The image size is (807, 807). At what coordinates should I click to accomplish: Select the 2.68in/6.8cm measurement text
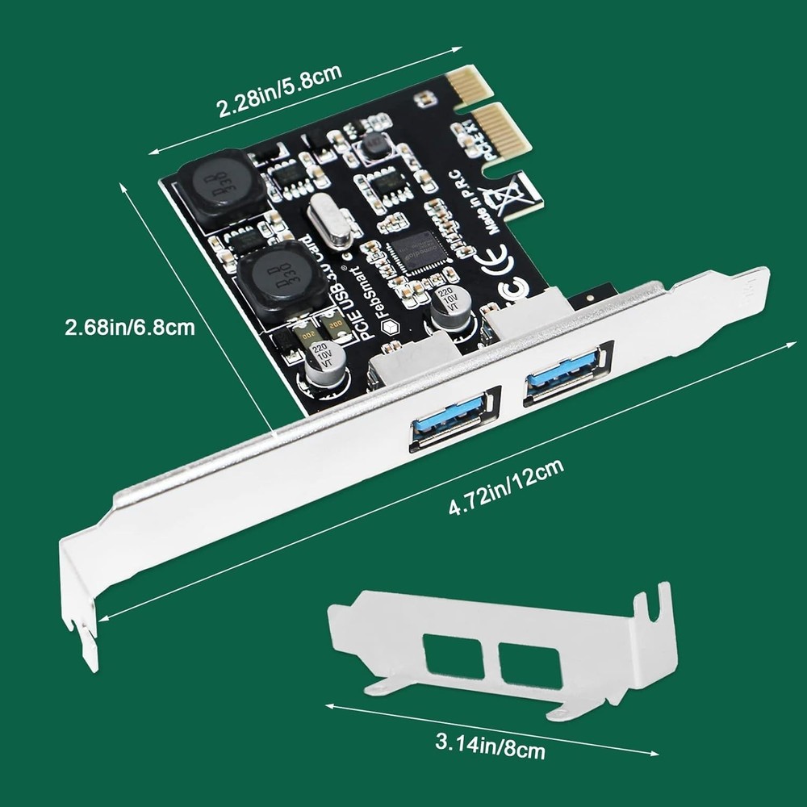pyautogui.click(x=129, y=327)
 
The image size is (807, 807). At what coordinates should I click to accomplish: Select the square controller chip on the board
pyautogui.click(x=417, y=249)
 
